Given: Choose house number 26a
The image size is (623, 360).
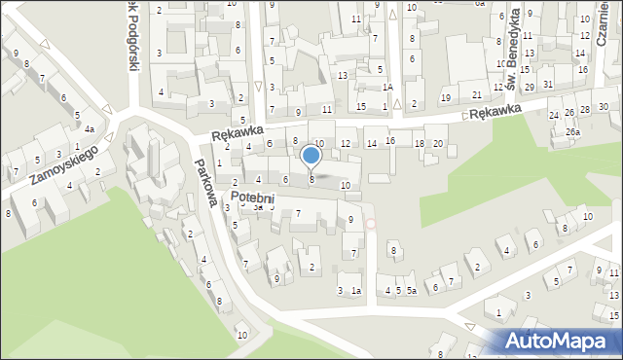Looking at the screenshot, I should coord(573,132).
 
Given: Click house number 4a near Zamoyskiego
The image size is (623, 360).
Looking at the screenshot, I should coord(89,129).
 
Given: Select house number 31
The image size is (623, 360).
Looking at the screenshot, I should coord(548,84).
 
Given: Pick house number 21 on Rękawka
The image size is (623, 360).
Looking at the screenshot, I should coord(477,94).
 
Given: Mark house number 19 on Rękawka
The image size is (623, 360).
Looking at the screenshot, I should coord(446,97).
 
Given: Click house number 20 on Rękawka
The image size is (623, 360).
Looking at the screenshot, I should coord(438,144).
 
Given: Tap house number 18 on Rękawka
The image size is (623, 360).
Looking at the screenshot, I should coord(420,144).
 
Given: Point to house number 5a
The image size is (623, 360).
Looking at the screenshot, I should coord(412,290).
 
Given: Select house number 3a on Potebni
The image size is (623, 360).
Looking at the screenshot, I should coord(258,207).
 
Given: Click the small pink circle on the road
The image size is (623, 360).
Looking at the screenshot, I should coord(370,224).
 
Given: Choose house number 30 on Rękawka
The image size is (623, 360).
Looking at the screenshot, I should coord(604,106).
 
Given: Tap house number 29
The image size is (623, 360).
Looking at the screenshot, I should coord(529,88).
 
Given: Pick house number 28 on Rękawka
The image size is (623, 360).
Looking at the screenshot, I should coord(585,110).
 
